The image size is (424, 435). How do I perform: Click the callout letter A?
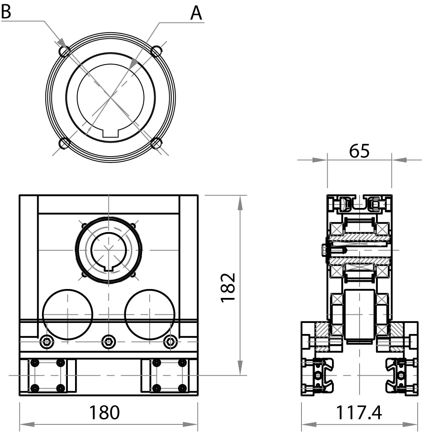[196, 13]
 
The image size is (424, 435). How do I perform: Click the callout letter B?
[6, 11]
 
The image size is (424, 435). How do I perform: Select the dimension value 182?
[228, 287]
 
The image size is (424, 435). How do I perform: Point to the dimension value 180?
[104, 412]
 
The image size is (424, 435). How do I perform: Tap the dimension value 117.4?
[359, 412]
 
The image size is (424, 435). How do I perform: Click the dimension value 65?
[359, 151]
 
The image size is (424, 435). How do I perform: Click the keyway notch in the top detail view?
[111, 132]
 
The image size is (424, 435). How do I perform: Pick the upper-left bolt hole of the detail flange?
[65, 51]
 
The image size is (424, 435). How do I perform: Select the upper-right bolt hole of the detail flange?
[156, 51]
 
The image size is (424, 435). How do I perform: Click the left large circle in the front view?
[68, 314]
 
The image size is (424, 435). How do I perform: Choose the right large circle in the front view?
[149, 314]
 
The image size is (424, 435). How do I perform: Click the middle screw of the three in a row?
[109, 341]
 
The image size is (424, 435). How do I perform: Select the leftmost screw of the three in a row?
[47, 341]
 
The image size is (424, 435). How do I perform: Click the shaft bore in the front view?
[109, 250]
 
